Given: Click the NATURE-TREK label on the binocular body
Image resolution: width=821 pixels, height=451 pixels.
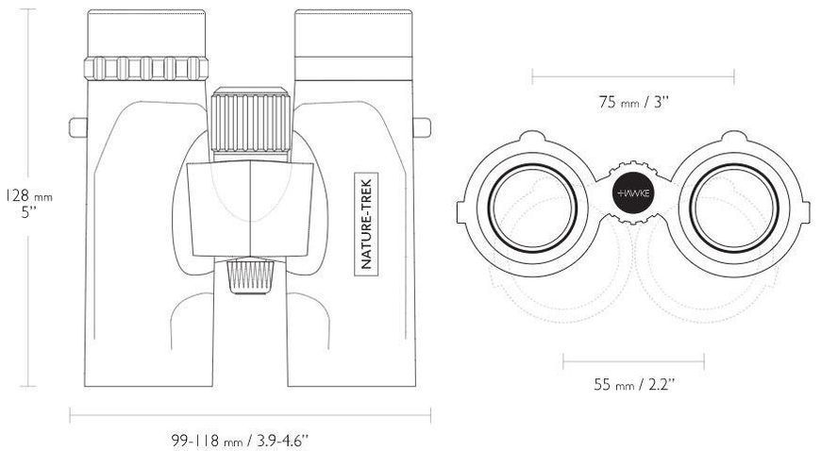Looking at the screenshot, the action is tap(366, 225).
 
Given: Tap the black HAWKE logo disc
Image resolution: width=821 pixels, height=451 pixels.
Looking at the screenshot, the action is tap(633, 192).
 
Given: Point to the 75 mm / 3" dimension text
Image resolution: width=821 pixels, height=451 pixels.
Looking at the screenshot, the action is tap(633, 101).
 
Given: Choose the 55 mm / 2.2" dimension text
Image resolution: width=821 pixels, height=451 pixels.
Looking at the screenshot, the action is tap(633, 384).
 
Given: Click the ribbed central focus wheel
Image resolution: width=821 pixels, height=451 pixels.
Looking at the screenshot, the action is tap(251, 122).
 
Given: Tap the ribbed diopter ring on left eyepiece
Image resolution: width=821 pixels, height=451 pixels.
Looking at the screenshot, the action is tap(146, 68).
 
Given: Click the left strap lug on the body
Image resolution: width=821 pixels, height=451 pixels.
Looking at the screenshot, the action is tap(78, 127).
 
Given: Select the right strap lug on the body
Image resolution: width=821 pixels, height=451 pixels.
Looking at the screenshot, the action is tap(422, 127).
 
